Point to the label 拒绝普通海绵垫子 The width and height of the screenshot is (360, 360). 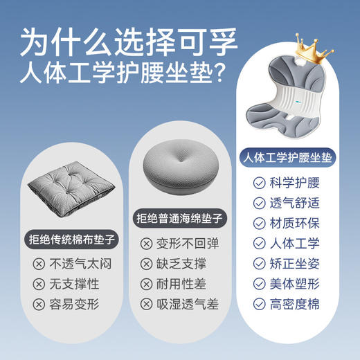pos(174,219)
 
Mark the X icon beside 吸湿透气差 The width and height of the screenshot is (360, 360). pos(146,304)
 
